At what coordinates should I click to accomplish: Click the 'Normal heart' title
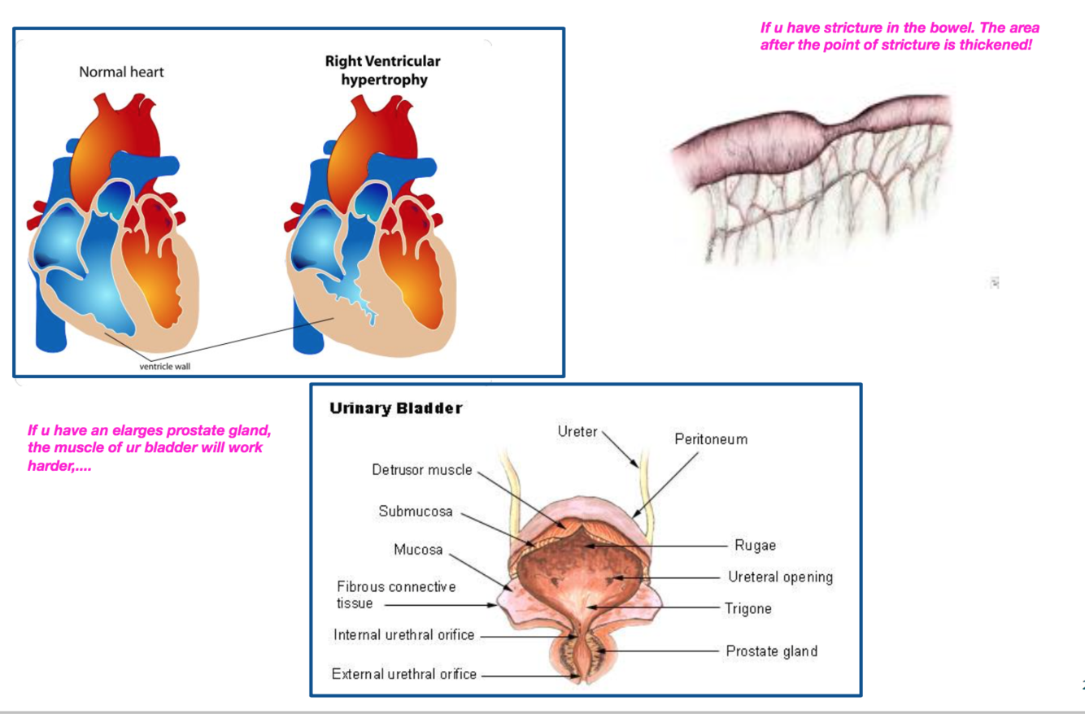coord(121,72)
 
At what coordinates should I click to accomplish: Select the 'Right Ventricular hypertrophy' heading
coord(382,71)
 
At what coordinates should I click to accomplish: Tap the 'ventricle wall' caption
coord(165,366)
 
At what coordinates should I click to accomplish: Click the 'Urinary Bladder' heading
coord(396,408)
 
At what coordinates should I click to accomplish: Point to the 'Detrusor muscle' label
coord(421,470)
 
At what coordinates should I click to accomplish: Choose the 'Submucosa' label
coord(416,512)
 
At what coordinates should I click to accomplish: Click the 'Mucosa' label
coord(418,550)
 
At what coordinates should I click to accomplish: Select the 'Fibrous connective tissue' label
coord(396,594)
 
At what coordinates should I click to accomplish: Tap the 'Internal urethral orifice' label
coord(403,635)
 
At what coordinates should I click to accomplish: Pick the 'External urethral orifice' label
coord(403,674)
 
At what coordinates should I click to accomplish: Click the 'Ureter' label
coord(577,431)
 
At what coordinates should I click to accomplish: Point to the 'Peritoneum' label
coord(711,439)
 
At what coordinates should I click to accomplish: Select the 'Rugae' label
coord(755,545)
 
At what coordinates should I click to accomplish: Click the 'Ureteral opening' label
coord(780,577)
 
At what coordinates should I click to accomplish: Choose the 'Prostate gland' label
coord(771,651)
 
